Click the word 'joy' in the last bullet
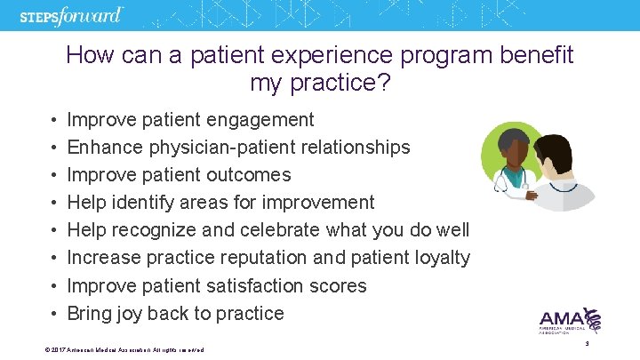(x=128, y=314)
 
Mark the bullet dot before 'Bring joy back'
(x=54, y=314)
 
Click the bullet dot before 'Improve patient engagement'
(x=54, y=119)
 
